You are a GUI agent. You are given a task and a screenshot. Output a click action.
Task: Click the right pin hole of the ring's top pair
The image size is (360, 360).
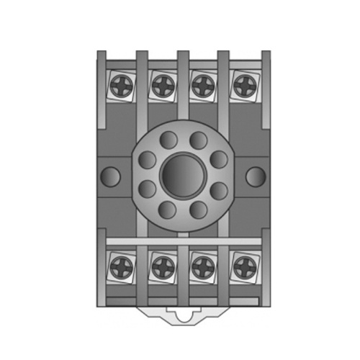pyautogui.click(x=196, y=139)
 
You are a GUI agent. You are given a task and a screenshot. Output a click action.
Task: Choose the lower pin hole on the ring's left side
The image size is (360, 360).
pyautogui.click(x=147, y=189)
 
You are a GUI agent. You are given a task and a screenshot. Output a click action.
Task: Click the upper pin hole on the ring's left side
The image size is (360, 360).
pyautogui.click(x=147, y=159)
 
